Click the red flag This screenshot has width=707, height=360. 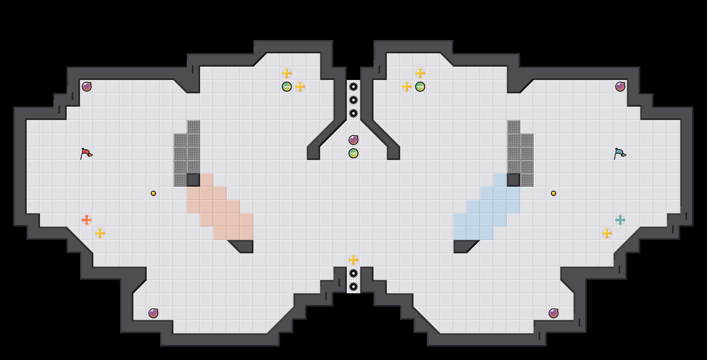86,153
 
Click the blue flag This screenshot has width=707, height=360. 620,153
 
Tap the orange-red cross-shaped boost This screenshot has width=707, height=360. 87,220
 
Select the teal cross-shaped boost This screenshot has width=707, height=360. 620,220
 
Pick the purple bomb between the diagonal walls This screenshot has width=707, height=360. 353,140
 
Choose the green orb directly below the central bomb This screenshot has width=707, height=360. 353,153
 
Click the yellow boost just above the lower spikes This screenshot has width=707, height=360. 353,260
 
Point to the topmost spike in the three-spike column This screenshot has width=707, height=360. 353,87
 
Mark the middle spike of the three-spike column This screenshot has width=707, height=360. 353,100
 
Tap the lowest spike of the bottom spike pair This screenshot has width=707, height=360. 353,287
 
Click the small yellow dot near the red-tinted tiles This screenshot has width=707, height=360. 153,193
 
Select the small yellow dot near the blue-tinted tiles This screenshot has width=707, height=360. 554,193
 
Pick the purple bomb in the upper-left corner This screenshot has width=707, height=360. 87,87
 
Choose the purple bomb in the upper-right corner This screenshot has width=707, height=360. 620,87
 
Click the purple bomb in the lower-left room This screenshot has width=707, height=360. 153,313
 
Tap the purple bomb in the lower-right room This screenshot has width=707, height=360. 554,313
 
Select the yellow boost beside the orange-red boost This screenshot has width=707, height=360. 100,233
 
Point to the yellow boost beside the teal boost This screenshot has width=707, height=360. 607,233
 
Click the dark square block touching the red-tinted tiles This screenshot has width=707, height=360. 193,180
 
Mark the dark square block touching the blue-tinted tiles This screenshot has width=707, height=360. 514,180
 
